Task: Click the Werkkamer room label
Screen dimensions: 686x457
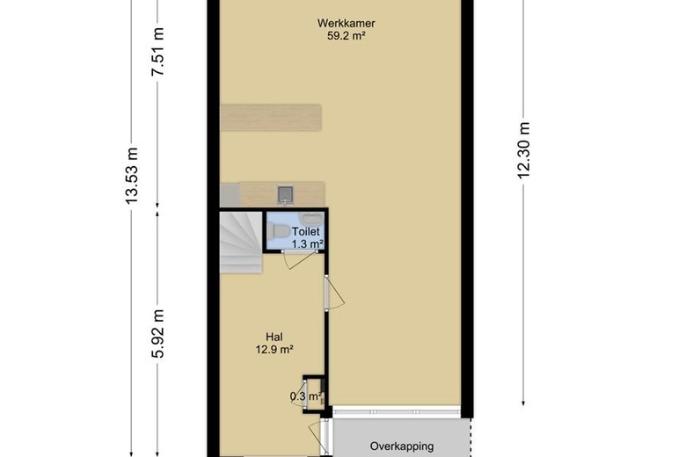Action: click(346, 23)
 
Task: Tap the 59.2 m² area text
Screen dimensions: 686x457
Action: click(346, 36)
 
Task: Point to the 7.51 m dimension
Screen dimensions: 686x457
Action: click(158, 52)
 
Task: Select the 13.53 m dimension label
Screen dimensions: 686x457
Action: click(131, 175)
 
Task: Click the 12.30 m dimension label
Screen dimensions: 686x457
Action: click(523, 150)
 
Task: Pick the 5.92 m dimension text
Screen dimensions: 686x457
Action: click(158, 333)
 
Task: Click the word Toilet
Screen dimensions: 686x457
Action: click(306, 232)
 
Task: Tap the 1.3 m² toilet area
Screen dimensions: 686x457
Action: click(307, 244)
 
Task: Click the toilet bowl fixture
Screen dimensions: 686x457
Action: click(275, 231)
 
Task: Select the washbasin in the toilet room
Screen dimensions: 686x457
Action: click(312, 218)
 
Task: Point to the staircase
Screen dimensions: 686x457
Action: click(241, 243)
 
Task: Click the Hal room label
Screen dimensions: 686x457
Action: click(274, 337)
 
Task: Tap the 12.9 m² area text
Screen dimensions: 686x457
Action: click(274, 350)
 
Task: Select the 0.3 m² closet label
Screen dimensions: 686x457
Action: click(305, 396)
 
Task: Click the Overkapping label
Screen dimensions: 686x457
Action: click(402, 446)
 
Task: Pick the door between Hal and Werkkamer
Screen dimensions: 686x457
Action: click(334, 293)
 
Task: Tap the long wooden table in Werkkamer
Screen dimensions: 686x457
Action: click(271, 117)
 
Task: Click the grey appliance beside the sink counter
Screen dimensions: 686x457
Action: click(230, 194)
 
